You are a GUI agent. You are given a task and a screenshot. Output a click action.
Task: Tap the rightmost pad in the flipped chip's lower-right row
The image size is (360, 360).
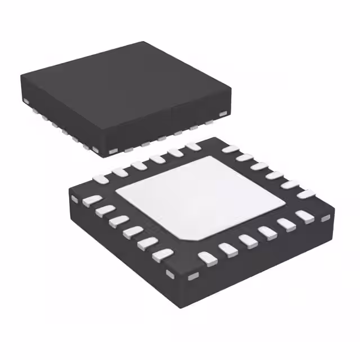point(304,217)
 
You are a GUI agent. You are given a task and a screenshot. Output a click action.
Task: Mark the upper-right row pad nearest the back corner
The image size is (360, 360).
point(229,149)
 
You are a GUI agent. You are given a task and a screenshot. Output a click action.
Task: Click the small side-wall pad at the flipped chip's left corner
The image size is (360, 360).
point(74,198)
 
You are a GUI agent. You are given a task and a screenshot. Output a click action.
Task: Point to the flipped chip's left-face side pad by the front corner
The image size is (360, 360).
point(170,274)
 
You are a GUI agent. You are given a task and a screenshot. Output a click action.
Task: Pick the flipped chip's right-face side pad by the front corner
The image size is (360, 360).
point(193,276)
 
